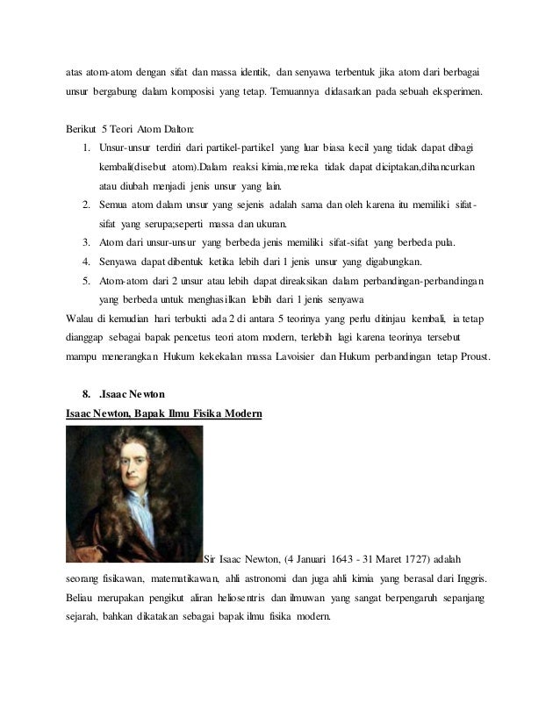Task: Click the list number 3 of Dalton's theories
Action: [x=87, y=241]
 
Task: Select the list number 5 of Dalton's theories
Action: [x=87, y=280]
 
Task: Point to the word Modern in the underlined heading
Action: [x=236, y=412]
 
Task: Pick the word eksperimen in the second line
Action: [x=451, y=90]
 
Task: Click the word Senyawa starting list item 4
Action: [x=120, y=261]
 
